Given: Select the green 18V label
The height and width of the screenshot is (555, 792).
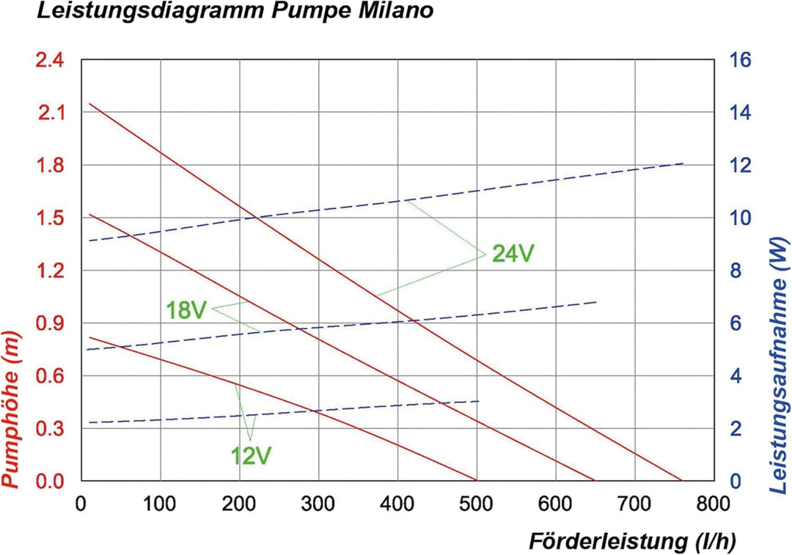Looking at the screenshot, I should [186, 310].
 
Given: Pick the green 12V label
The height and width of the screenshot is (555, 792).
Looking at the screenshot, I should [252, 456].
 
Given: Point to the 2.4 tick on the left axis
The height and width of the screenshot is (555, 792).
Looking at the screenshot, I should [51, 60].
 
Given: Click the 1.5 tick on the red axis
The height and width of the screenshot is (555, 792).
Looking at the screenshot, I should [51, 218].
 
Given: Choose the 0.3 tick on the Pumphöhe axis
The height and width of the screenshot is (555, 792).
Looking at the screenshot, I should [51, 429].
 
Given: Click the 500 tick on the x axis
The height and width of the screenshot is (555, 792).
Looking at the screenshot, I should [477, 504].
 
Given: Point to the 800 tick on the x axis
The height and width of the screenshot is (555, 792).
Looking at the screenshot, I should [714, 504].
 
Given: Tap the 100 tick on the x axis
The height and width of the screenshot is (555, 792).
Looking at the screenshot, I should [160, 504].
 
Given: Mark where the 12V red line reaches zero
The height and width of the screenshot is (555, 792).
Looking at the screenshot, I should [477, 481].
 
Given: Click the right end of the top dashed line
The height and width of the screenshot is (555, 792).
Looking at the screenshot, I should [683, 163].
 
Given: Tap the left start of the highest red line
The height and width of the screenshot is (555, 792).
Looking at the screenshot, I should [89, 104].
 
